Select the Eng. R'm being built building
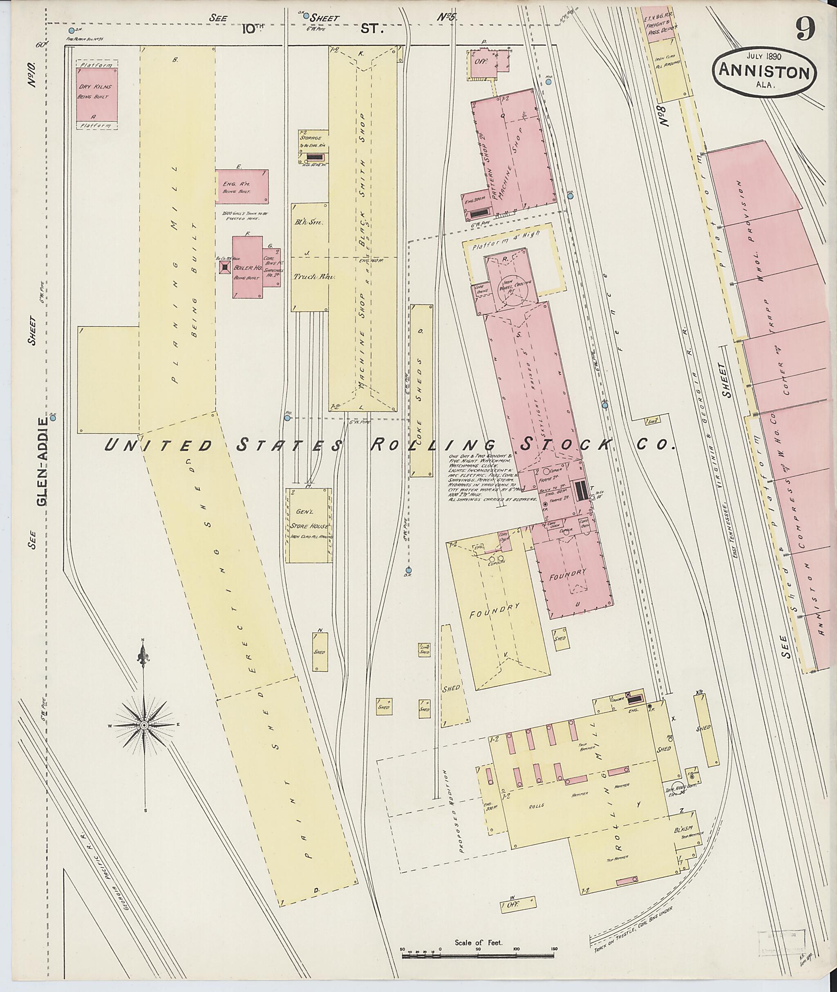click(x=242, y=186)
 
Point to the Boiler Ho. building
click(x=247, y=267)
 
